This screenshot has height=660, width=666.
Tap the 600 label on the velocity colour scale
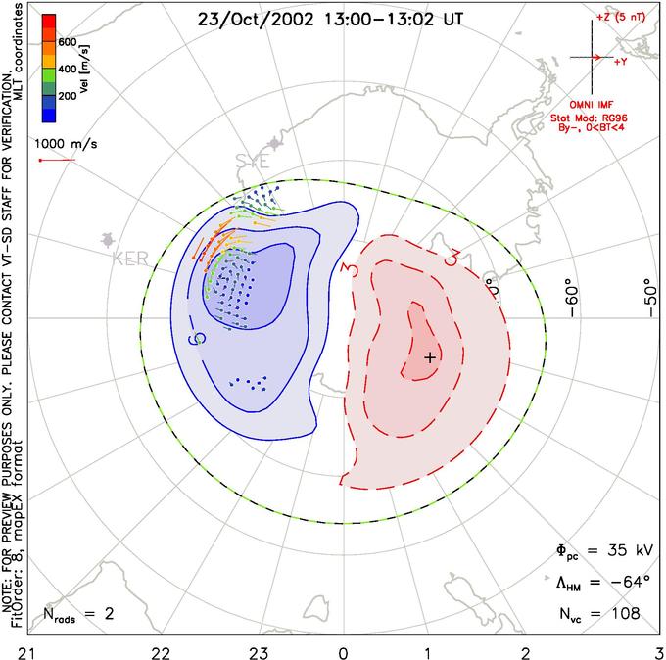point(68,42)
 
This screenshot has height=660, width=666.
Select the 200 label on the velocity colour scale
point(68,97)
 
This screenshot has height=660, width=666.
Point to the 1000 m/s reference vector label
point(67,143)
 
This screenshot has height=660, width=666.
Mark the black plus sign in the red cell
point(429,358)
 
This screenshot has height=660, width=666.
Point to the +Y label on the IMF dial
point(621,62)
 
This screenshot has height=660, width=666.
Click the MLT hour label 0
point(343,649)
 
